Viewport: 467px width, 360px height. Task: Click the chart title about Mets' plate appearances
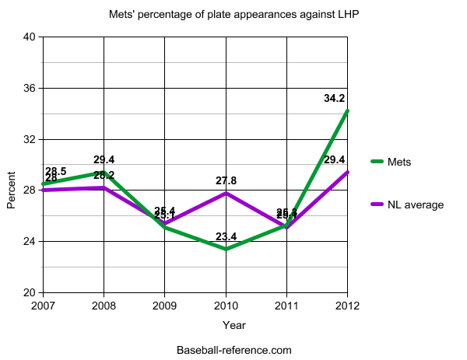233,14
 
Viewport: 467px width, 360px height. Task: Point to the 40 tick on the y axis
30,37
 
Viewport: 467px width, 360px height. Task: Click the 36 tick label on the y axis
30,88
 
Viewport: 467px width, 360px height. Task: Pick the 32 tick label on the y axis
30,139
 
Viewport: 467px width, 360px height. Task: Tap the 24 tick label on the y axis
30,241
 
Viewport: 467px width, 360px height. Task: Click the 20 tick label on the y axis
30,292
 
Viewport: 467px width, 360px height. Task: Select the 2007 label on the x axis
43,306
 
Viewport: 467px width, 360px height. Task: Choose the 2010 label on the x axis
226,306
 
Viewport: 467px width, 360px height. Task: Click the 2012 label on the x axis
347,306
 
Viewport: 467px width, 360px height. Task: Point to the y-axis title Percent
12,190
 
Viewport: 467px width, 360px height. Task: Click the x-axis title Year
233,324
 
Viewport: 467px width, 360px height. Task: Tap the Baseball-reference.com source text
233,350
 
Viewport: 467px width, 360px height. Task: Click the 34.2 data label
335,99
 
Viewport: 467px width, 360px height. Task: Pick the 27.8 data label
226,180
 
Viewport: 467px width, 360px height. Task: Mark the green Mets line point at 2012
347,111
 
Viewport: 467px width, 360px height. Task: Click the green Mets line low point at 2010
226,249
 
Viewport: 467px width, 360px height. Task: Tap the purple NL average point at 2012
347,173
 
